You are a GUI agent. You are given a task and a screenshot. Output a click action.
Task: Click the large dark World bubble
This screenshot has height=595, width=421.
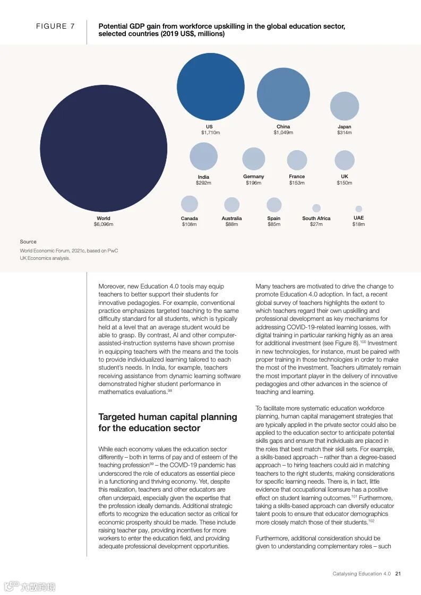pos(104,148)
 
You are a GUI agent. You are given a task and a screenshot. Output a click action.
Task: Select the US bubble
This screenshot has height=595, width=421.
pos(210,86)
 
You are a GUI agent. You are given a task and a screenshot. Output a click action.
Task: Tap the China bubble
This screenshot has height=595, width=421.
pos(283,94)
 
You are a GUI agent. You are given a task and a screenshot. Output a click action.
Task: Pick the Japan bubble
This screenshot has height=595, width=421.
pos(345,106)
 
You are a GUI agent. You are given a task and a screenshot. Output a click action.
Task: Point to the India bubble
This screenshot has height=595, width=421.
pos(203,156)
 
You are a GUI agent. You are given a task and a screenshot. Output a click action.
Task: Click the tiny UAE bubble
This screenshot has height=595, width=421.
pos(359,209)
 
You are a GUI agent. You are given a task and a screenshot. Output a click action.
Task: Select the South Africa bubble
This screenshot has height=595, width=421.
pos(316,208)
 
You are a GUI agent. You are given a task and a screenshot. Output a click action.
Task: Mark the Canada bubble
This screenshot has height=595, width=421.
pos(190,204)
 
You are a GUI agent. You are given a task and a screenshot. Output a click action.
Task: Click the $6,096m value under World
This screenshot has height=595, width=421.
pos(104,224)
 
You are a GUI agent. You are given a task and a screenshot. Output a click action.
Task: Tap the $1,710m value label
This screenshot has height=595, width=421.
pos(210,133)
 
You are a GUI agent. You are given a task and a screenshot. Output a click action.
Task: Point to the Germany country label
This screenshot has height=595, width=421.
pos(254,177)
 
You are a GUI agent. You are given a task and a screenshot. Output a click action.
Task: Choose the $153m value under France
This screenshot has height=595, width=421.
pos(297,183)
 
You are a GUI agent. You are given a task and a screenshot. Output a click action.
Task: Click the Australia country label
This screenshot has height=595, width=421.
pos(231,218)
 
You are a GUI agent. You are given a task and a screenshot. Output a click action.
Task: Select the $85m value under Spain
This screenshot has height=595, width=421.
pos(274,224)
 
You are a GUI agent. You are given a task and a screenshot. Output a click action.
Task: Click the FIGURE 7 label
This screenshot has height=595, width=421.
pos(55,27)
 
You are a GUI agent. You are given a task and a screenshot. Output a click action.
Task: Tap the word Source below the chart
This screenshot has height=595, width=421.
pos(28,242)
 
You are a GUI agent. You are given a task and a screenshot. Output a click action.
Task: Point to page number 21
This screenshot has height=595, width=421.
pos(398,574)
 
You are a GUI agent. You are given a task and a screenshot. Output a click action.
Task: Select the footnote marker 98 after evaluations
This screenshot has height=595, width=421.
pos(170,391)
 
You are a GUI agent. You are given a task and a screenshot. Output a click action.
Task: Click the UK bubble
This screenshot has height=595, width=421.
pos(345,160)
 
